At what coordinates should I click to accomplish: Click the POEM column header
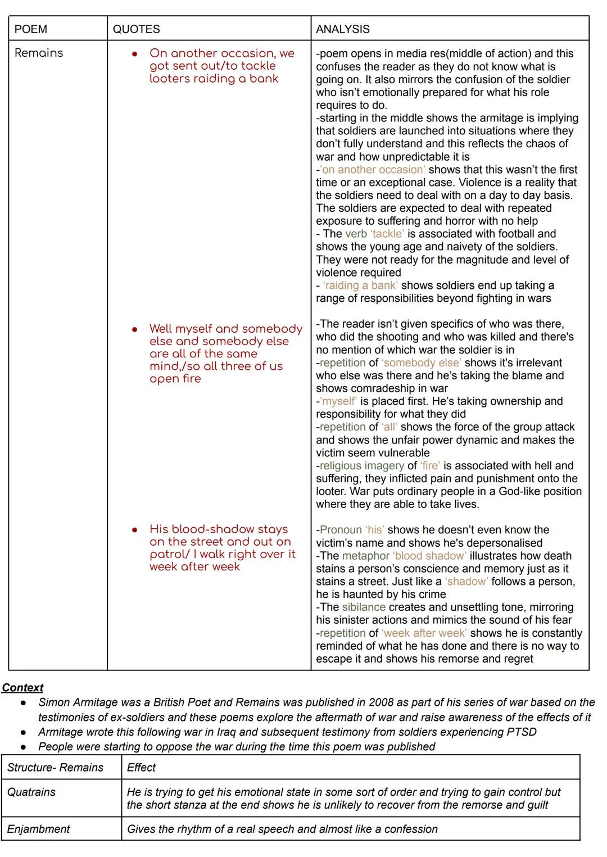click(x=31, y=29)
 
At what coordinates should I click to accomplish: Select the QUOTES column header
click(x=136, y=29)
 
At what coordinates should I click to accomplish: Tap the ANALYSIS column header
click(x=343, y=29)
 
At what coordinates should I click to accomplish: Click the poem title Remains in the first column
click(x=39, y=53)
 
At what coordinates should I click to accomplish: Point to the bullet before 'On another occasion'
click(x=135, y=54)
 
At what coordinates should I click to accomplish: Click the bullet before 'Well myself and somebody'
click(x=135, y=329)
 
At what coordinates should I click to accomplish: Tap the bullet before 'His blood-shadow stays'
click(x=135, y=530)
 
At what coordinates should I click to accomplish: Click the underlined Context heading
click(x=22, y=688)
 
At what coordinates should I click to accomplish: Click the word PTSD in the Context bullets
click(x=522, y=732)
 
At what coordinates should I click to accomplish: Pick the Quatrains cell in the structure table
click(x=31, y=792)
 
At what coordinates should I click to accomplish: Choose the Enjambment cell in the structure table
click(x=39, y=829)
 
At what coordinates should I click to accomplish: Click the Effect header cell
click(x=141, y=768)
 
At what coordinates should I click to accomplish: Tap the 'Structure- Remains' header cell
click(x=55, y=768)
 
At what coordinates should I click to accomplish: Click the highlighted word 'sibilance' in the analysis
click(x=364, y=607)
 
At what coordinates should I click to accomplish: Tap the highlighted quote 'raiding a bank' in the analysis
click(x=360, y=285)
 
